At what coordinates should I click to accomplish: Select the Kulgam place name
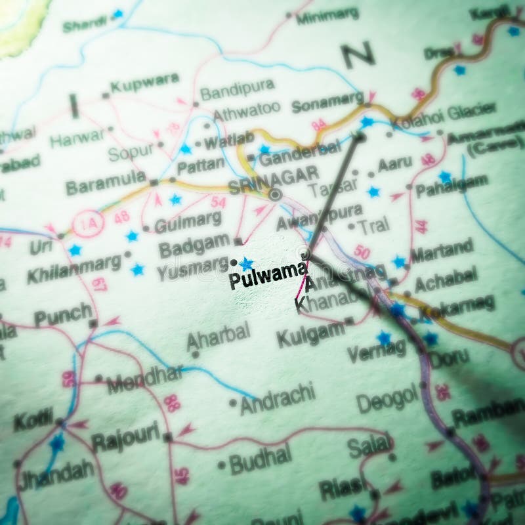coord(310,335)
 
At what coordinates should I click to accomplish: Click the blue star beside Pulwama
coord(246,264)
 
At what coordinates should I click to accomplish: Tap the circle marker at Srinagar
coord(276,194)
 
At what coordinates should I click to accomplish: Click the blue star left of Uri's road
coord(75,250)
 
